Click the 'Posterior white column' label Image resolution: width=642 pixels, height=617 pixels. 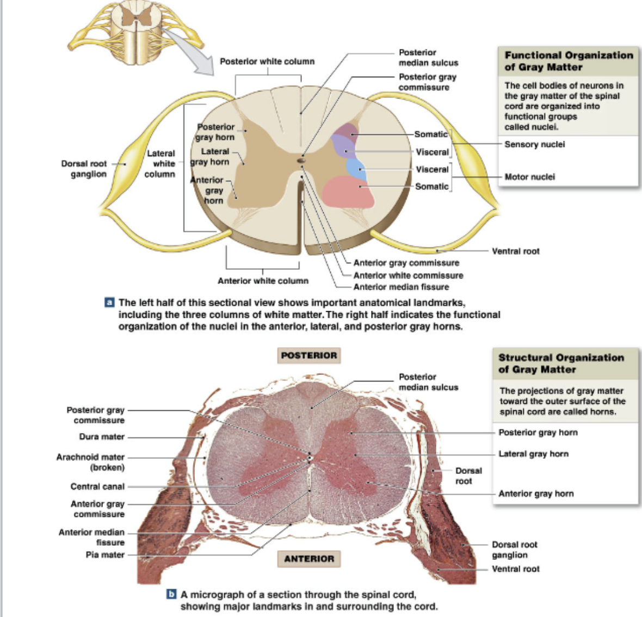tap(267, 61)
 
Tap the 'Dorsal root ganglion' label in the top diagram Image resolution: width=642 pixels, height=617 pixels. tap(84, 169)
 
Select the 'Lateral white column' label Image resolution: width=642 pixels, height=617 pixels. tap(160, 163)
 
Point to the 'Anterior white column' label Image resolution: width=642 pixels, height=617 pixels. tap(263, 281)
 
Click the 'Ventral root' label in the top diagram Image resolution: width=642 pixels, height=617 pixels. tap(515, 251)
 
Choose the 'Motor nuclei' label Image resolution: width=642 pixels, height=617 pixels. tap(529, 177)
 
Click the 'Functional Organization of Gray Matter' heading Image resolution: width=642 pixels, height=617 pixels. tap(568, 61)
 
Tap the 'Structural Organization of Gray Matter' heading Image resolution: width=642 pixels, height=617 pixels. tap(560, 363)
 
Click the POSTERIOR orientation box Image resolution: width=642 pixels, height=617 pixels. tap(309, 355)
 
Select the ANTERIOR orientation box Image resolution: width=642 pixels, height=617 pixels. tap(309, 558)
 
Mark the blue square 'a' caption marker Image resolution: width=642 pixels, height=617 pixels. tap(109, 302)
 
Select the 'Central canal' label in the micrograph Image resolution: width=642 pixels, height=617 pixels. tap(97, 486)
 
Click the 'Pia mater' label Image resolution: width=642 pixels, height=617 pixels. tap(105, 555)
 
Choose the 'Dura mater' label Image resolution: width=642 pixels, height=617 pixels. tap(102, 436)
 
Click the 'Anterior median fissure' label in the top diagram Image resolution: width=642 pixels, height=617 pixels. tap(401, 287)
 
